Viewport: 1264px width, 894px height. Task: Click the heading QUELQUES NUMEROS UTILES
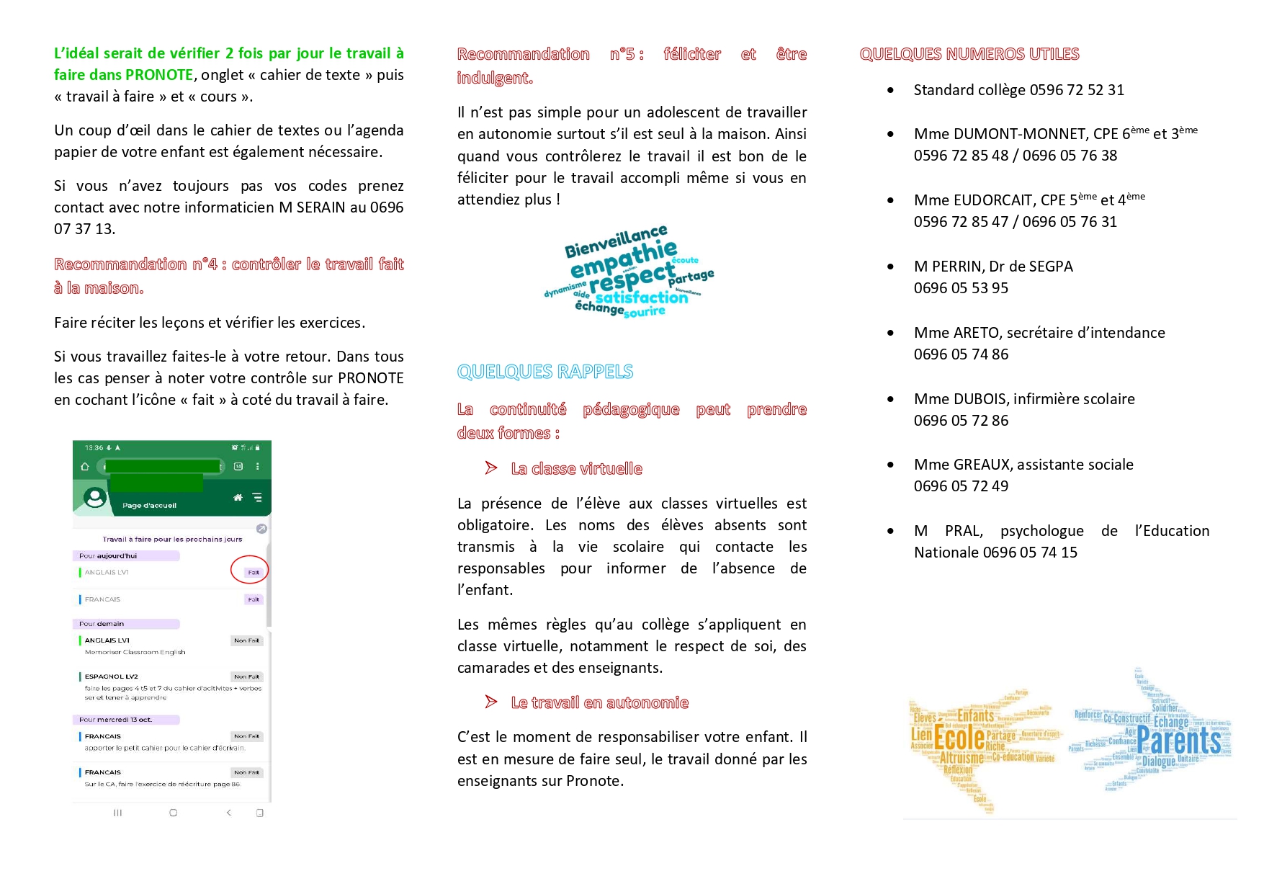pos(969,54)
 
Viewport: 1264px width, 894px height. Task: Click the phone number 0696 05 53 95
pos(961,288)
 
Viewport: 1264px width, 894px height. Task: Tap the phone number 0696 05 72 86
pos(961,421)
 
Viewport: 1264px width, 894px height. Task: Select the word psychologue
pos(1041,531)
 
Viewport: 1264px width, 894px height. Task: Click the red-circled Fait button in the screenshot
pos(252,572)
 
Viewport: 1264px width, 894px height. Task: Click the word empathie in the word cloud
pos(624,258)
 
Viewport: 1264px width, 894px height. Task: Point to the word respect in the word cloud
pos(632,277)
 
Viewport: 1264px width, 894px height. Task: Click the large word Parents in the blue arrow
pos(1178,741)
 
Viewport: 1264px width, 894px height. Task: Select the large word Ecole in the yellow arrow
pos(959,738)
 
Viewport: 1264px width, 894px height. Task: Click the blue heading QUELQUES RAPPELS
pos(544,372)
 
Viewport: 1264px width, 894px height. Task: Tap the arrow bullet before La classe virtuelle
pos(491,468)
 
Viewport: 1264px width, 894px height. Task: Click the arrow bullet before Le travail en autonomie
pos(491,702)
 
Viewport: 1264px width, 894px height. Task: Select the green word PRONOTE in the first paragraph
pos(158,75)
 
